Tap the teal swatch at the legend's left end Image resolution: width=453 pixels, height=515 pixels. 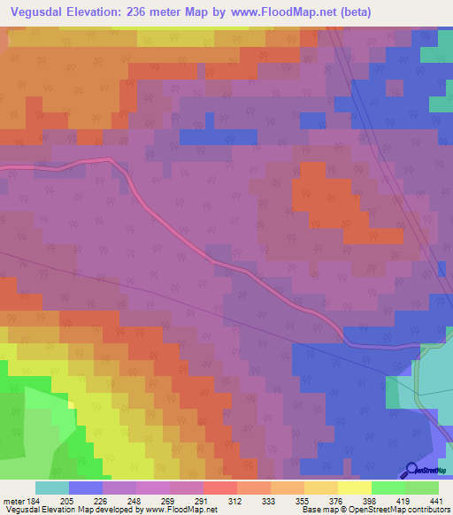tap(52, 488)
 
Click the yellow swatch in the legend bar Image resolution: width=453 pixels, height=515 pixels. tap(354, 488)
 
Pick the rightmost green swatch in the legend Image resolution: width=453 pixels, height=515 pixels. tap(422, 488)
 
